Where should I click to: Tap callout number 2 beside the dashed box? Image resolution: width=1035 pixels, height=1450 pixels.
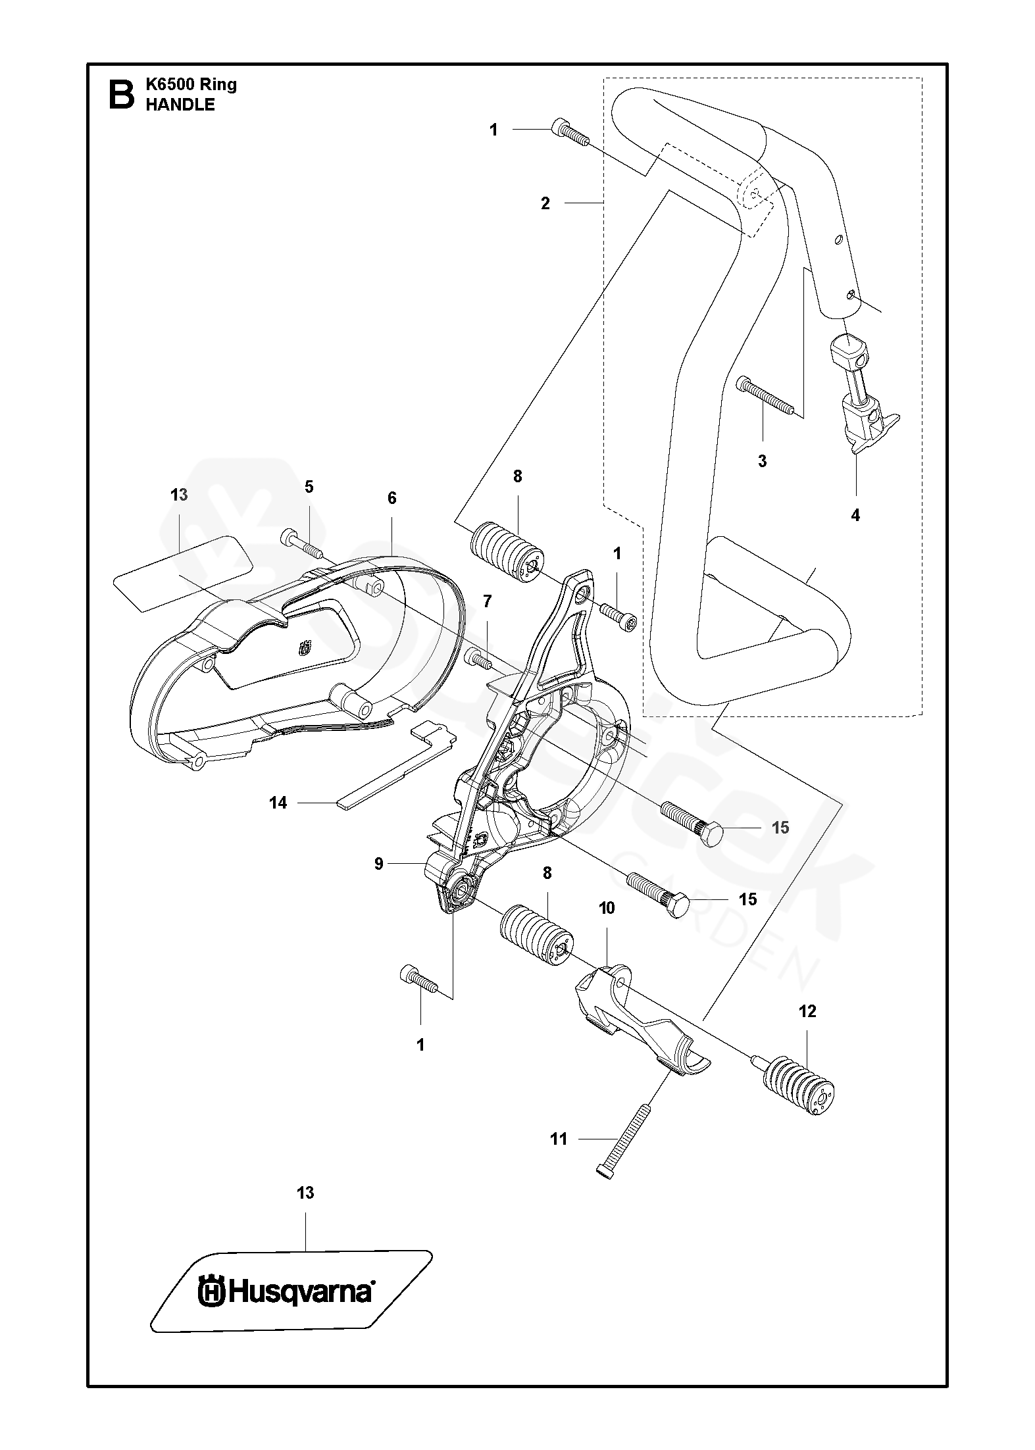coord(545,204)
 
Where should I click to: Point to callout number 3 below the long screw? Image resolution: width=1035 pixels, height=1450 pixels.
coord(762,461)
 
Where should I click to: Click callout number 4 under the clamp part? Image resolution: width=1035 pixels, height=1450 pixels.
coord(855,516)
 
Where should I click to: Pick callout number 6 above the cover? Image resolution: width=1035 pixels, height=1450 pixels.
coord(392,499)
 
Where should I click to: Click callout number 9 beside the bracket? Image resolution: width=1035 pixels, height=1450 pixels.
coord(379,864)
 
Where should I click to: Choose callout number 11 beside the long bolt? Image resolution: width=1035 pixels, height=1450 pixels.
coord(559,1139)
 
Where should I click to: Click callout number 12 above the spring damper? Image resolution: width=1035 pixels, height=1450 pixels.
coord(807,1012)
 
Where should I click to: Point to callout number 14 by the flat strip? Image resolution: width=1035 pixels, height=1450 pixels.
coord(278,803)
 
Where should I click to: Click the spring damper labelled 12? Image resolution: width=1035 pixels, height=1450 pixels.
coord(795,1085)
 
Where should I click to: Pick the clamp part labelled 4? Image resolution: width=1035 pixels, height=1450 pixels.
coord(857,395)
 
